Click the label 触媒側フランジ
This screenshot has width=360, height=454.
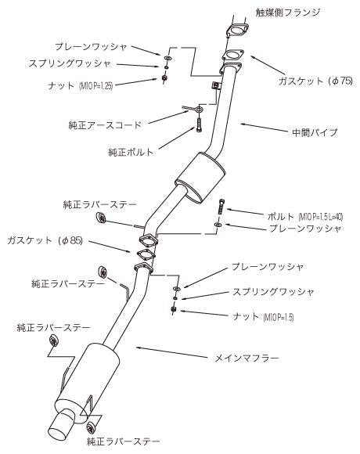pos(288,13)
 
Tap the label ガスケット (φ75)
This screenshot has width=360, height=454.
pos(315,81)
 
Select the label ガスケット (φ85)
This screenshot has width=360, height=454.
pos(45,240)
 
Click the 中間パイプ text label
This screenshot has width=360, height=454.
pos(315,132)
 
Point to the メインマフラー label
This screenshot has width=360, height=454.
pos(247,359)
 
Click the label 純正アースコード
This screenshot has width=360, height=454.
pos(105,125)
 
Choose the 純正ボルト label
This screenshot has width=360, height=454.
pos(131,152)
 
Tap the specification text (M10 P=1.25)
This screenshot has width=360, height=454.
pos(95,85)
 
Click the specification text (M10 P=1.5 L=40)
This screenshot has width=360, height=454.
pos(321,216)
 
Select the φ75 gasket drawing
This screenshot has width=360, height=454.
pos(233,56)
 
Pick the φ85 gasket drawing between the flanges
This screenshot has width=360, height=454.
pos(146,254)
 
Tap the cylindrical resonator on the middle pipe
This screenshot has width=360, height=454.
pos(200,178)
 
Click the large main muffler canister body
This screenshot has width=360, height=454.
pos(88,380)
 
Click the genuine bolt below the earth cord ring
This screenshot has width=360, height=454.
pos(199,124)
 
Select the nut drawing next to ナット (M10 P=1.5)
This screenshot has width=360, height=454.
pos(173,309)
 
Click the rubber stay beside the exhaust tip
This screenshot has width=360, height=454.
pos(92,428)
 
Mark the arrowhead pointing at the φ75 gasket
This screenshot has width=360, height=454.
pos(254,57)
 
